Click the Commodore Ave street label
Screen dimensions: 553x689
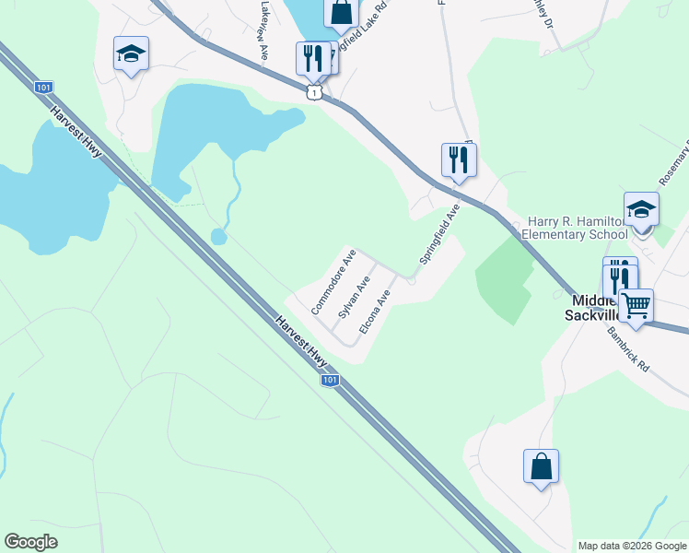pyautogui.click(x=333, y=281)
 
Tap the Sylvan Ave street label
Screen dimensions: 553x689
pyautogui.click(x=355, y=297)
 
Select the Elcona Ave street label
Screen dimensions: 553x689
pyautogui.click(x=376, y=312)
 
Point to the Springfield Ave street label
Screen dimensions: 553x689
pyautogui.click(x=439, y=235)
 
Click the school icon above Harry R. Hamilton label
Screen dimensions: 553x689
pyautogui.click(x=641, y=209)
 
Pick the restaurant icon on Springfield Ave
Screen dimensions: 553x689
pyautogui.click(x=458, y=160)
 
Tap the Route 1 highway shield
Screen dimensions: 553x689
pyautogui.click(x=315, y=92)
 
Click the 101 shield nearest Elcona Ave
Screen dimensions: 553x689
pyautogui.click(x=330, y=380)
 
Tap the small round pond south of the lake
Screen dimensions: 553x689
pyautogui.click(x=218, y=237)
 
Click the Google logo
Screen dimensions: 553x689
pyautogui.click(x=30, y=542)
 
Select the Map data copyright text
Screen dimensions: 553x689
pyautogui.click(x=632, y=546)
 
